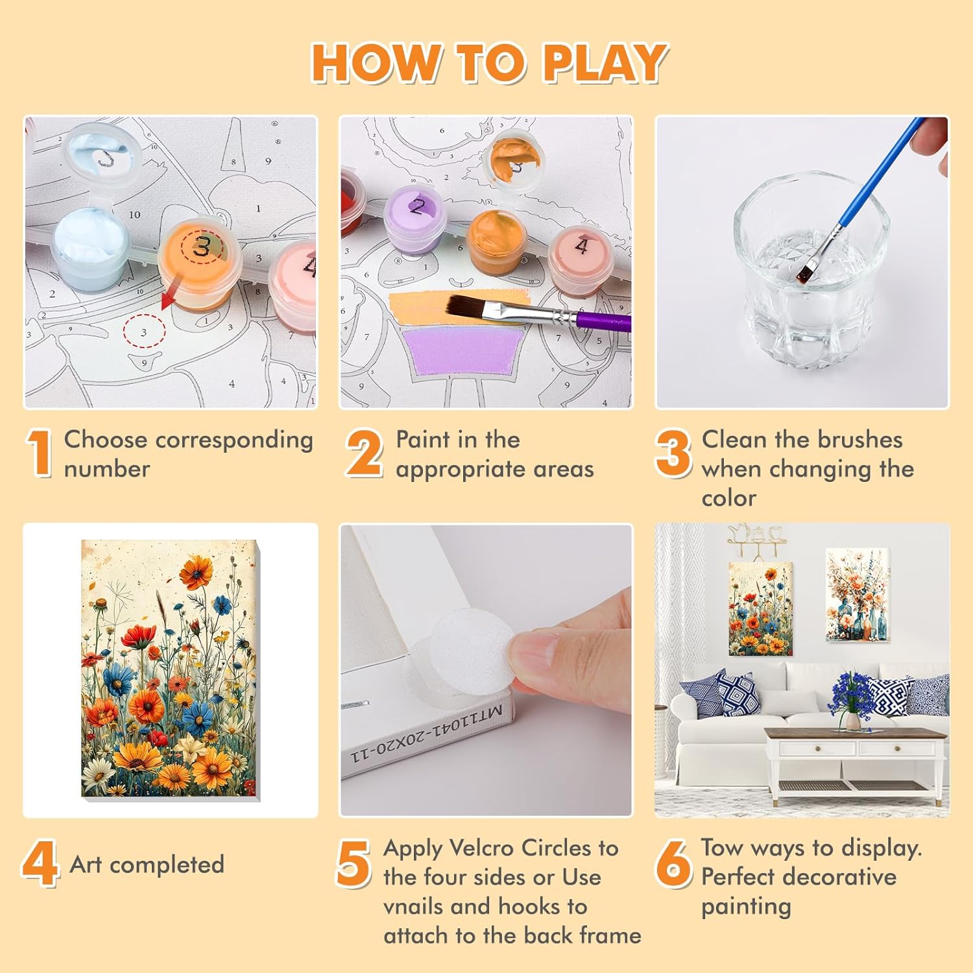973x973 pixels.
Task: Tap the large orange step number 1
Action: [40, 453]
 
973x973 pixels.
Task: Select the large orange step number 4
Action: [40, 864]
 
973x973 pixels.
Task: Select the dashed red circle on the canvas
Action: [144, 331]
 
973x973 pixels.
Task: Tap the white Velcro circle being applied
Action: [467, 652]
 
